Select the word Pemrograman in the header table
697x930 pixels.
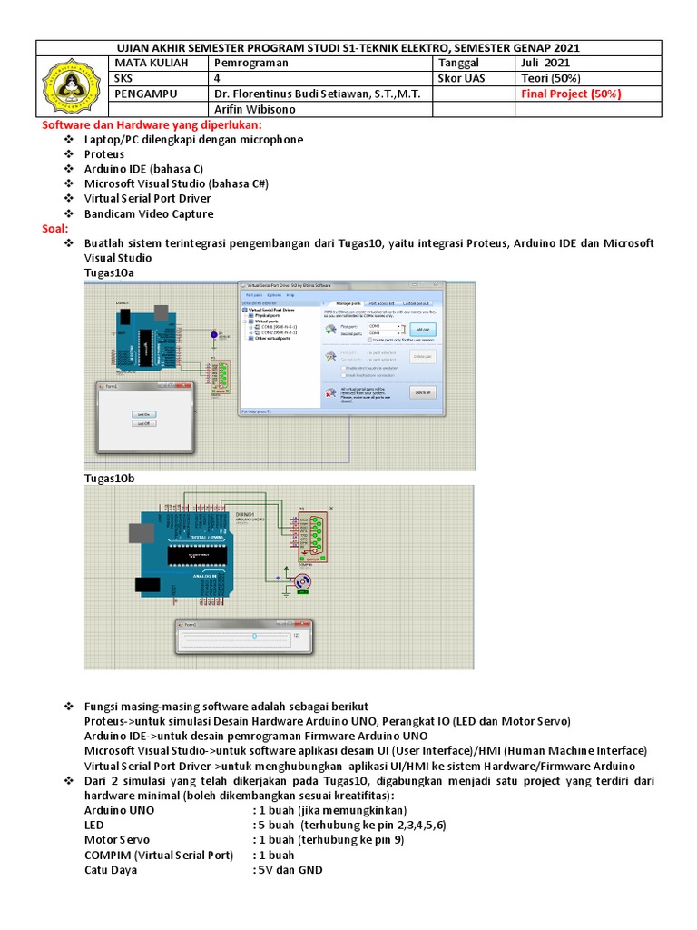(250, 63)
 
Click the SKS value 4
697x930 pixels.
(216, 78)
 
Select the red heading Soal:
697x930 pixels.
(55, 229)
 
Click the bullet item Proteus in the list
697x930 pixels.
(103, 154)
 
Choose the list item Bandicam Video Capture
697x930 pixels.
(149, 213)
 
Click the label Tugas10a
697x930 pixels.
(109, 272)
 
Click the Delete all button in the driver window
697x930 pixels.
(422, 392)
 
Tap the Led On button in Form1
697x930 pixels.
(143, 413)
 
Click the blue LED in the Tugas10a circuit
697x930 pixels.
(213, 336)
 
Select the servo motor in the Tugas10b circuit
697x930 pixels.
(303, 580)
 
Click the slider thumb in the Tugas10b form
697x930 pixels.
(254, 637)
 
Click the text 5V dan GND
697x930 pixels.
(290, 869)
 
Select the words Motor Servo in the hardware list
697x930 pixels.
(117, 840)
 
